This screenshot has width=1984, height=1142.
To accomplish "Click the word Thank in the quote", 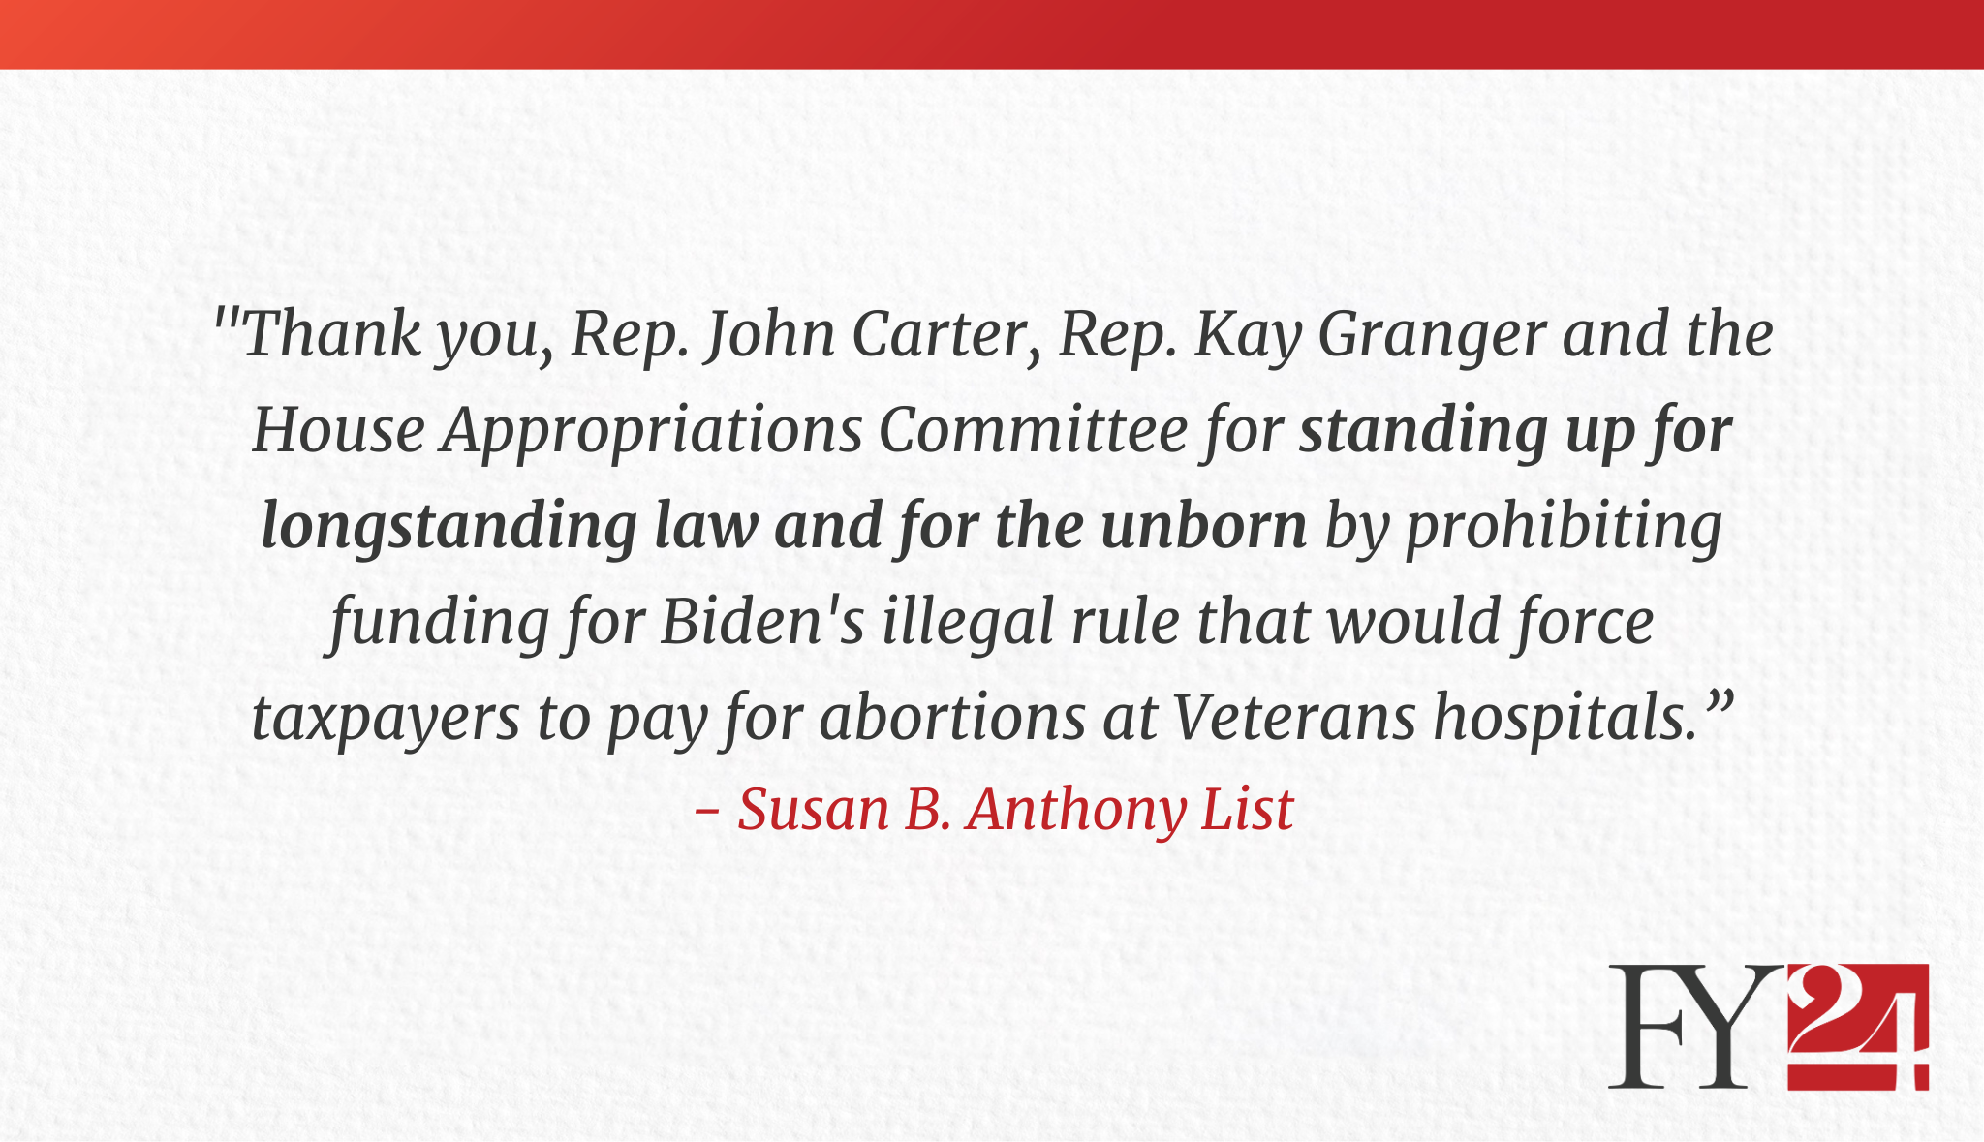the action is click(331, 334).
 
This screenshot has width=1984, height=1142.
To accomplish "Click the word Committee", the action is click(1033, 430).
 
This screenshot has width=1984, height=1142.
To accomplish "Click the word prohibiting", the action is click(1564, 529).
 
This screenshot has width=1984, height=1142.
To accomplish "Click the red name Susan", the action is click(814, 810).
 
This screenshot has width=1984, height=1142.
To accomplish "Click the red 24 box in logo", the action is click(1858, 1027).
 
